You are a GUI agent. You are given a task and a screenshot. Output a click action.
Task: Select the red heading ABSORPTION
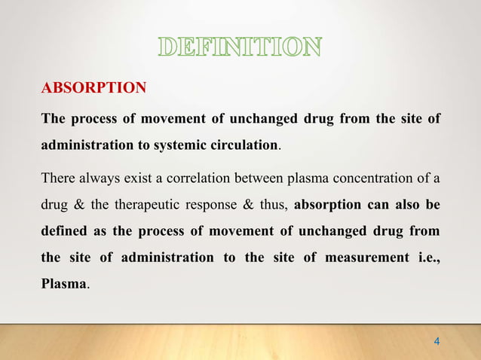click(93, 89)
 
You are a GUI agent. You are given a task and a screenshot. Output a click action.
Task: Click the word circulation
click(254, 145)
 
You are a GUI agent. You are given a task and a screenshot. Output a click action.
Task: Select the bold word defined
click(63, 231)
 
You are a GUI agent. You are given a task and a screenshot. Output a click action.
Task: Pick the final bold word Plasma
click(64, 285)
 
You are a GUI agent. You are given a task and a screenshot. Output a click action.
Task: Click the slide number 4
click(437, 343)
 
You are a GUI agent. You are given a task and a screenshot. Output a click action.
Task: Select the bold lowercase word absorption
click(332, 205)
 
